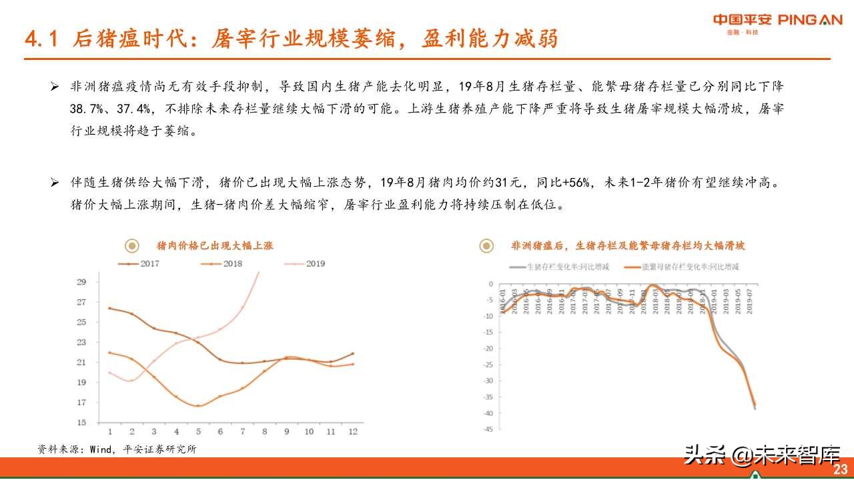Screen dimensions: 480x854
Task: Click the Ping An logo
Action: click(777, 21)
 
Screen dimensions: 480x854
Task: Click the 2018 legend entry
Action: click(223, 264)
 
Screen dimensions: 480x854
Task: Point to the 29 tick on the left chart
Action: click(81, 282)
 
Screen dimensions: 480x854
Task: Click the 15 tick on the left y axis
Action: click(81, 423)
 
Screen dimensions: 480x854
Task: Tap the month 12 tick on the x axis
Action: click(352, 432)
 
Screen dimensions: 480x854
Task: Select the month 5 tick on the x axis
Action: click(198, 432)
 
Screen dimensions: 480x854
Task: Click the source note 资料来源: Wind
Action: click(117, 450)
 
